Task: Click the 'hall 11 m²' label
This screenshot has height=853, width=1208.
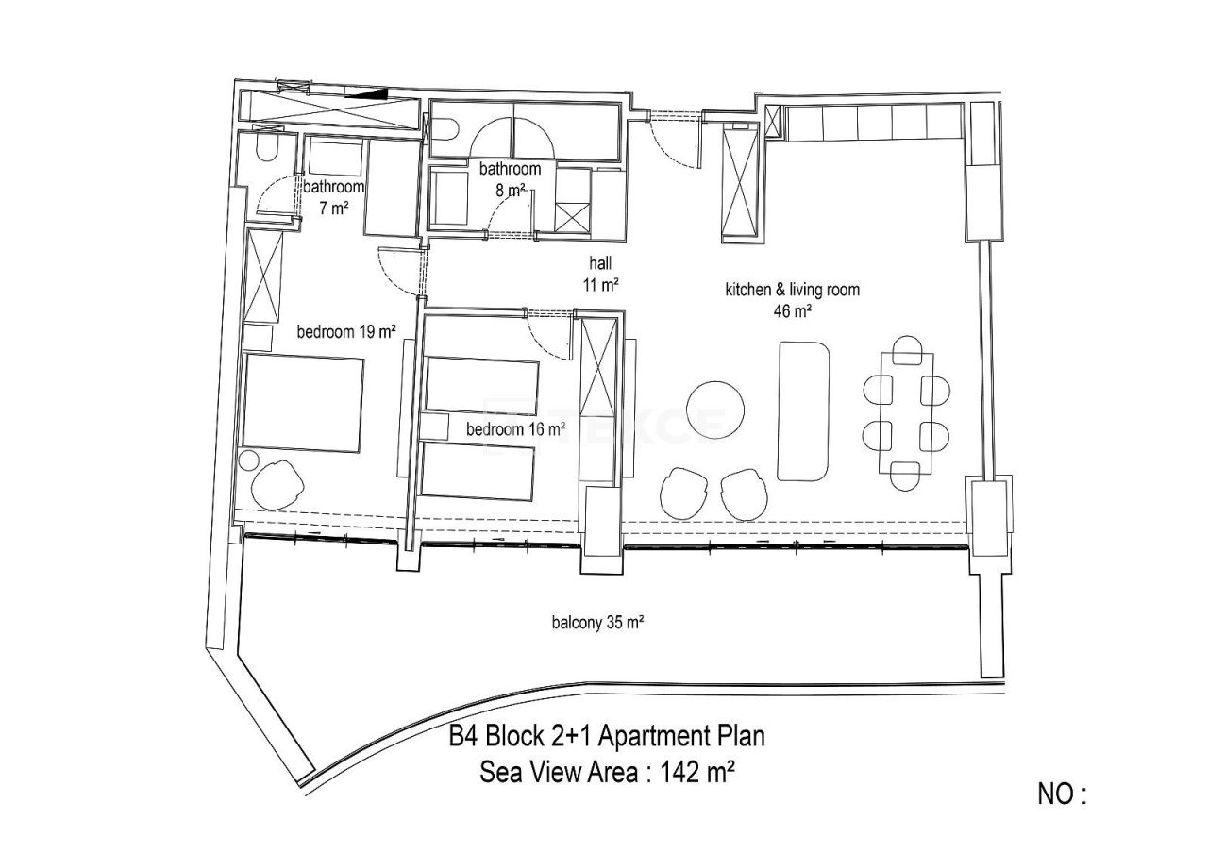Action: (600, 276)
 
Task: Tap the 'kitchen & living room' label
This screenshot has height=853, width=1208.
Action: (792, 290)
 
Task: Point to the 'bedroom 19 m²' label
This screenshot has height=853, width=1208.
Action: (345, 331)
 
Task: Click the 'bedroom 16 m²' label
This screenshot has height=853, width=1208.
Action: (515, 429)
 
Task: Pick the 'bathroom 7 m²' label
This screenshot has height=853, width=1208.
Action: (332, 197)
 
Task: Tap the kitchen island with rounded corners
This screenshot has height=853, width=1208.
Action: (804, 411)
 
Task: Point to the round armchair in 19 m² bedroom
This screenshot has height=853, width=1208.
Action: (277, 484)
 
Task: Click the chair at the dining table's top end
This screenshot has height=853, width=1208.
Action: (907, 347)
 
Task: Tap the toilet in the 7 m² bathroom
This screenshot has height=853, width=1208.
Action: (266, 151)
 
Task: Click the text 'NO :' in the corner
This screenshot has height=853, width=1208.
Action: (1063, 794)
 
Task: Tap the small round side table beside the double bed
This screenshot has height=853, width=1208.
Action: (249, 460)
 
